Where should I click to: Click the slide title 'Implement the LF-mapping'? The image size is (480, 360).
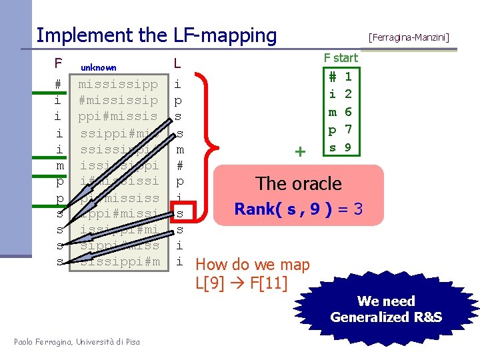point(156,35)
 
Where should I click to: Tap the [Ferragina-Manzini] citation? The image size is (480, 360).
point(409,37)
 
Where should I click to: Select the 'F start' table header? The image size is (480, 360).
point(341,58)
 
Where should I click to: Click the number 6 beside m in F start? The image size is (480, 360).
point(348,112)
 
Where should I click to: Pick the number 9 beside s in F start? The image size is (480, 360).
point(348,147)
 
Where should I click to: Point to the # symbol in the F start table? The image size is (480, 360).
point(331,77)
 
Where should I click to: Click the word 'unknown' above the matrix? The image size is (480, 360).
point(99,67)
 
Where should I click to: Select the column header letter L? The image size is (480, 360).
point(177,64)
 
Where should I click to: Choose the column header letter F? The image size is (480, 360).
point(58,64)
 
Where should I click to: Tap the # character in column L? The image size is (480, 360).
point(178,165)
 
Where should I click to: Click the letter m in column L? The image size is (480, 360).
point(178,149)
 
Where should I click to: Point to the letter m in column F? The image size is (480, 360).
point(58,165)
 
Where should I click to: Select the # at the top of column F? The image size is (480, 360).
point(58,85)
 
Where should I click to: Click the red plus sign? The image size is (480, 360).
point(300,152)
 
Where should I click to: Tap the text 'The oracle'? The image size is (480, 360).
point(299,183)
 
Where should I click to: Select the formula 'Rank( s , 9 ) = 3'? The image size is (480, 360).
point(299,209)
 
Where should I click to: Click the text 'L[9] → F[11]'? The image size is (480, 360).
point(241,282)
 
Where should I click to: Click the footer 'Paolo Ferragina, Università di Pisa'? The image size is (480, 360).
point(77,342)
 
